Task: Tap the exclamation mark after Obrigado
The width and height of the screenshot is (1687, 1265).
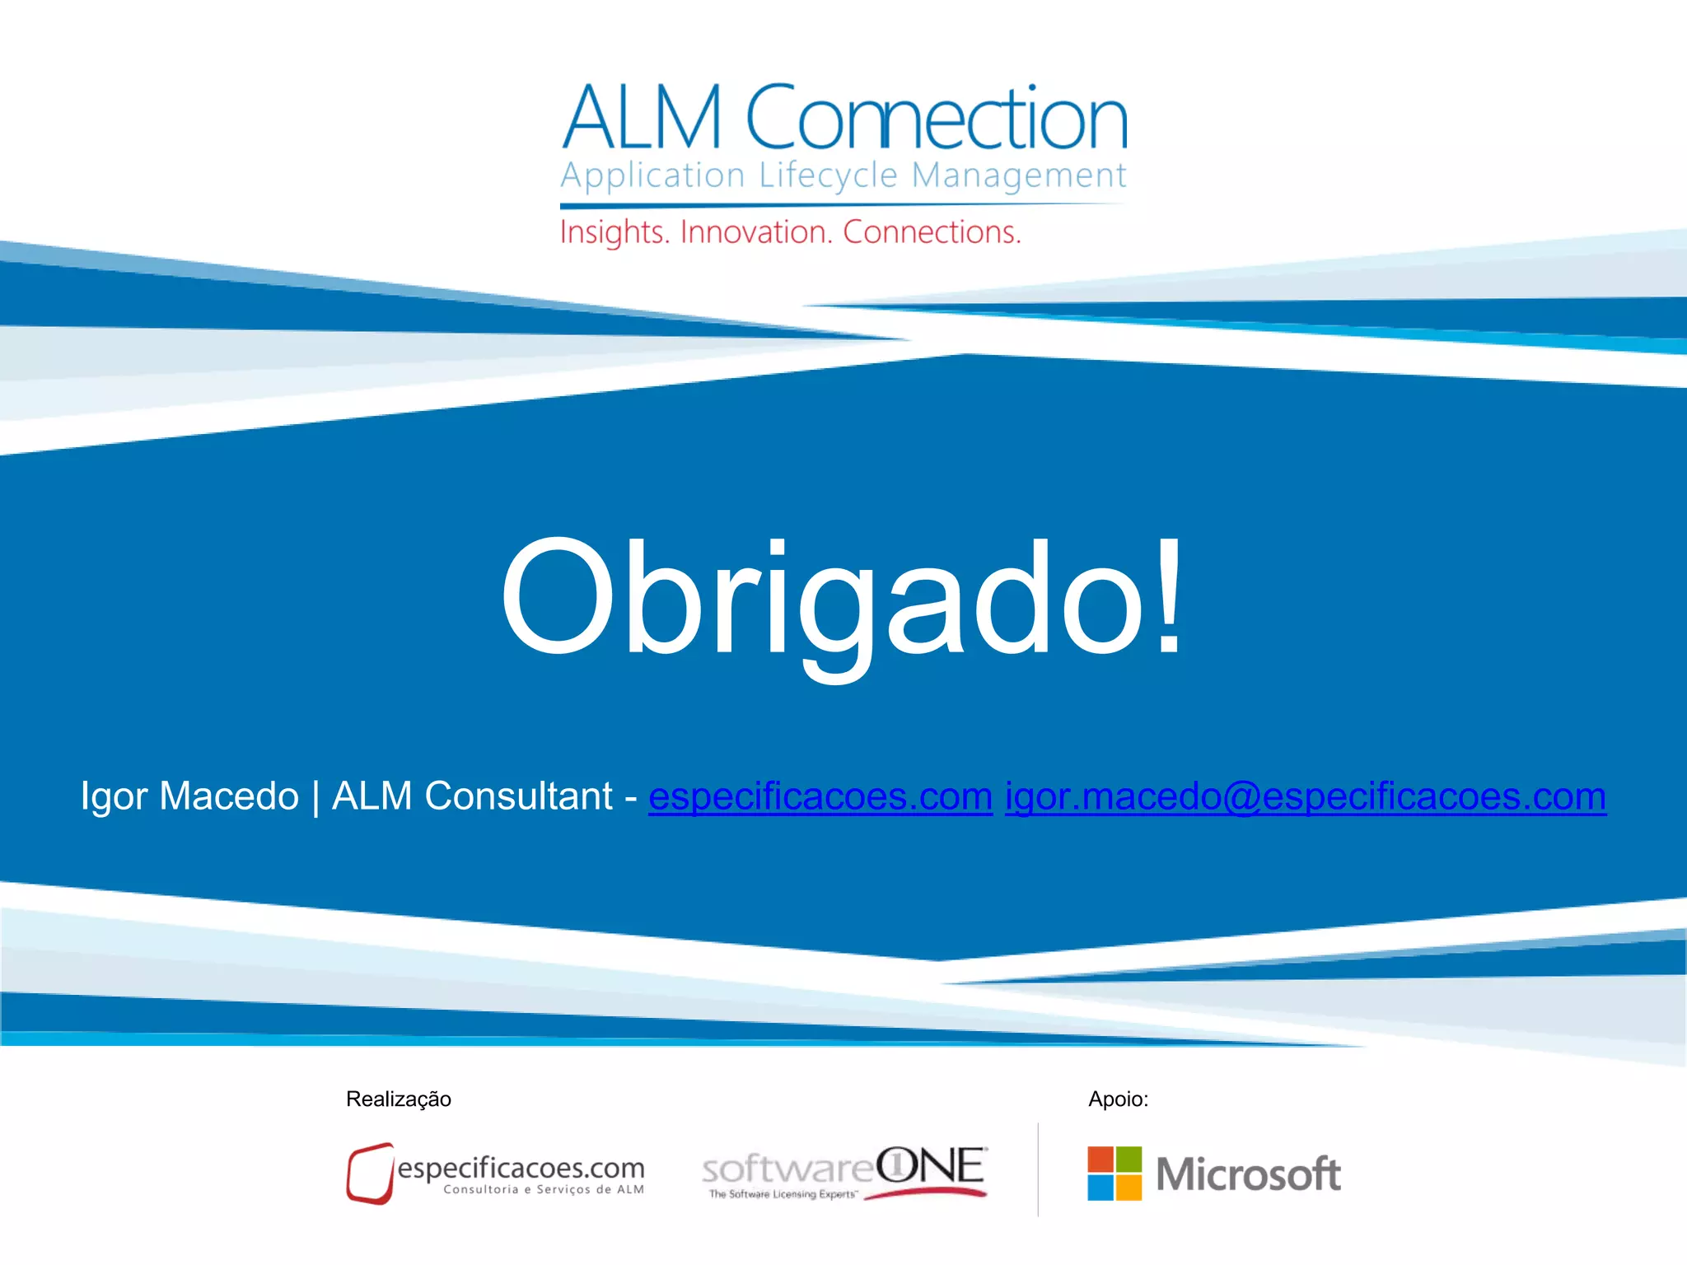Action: tap(1168, 595)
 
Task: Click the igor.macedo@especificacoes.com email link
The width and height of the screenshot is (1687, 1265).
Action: tap(1305, 797)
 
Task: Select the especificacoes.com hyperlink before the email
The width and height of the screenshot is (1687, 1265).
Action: tap(820, 797)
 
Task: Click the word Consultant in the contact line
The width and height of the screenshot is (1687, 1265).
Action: tap(518, 796)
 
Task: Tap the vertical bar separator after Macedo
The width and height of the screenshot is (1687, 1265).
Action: tap(315, 797)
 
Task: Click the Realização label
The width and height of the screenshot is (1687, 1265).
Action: tap(399, 1099)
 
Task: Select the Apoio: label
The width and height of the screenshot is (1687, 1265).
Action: tap(1118, 1099)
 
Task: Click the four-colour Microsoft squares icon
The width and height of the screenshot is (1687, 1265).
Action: tap(1115, 1174)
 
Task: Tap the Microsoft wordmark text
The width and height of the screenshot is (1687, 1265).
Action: tap(1248, 1174)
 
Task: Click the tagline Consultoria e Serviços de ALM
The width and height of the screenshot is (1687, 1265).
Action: tap(544, 1189)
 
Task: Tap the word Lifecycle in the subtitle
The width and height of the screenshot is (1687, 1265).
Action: tap(828, 175)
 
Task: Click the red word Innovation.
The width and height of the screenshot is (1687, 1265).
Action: tap(756, 232)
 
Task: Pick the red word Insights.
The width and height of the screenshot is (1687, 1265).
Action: tap(614, 232)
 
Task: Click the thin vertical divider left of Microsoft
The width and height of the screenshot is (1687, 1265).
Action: tap(1038, 1169)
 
